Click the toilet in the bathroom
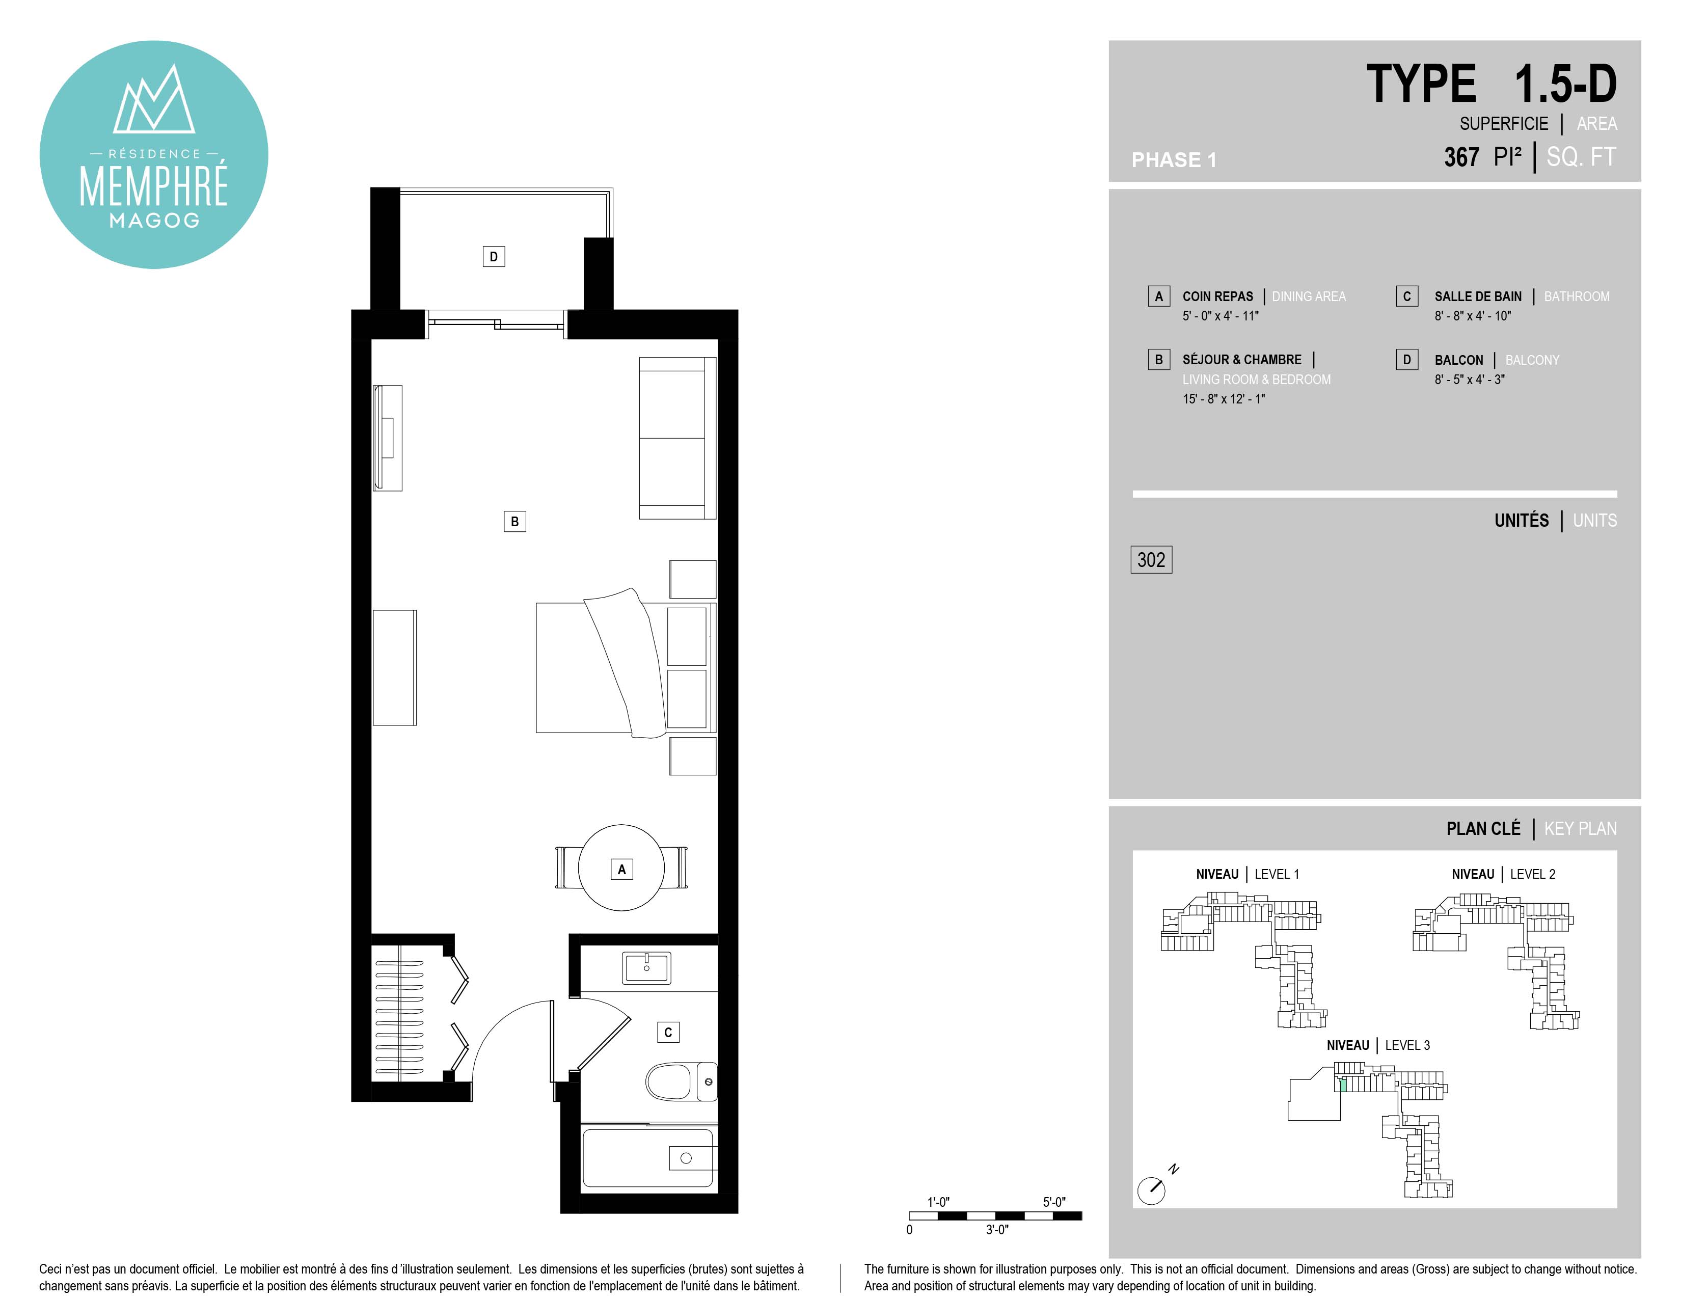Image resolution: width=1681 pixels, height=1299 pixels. coord(681,1081)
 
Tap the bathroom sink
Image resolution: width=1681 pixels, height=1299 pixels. coord(646,967)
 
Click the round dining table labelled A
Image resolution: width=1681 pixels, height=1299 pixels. coord(621,868)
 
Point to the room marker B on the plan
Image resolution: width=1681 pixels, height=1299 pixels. coord(515,521)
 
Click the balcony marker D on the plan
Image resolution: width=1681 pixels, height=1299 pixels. coord(494,256)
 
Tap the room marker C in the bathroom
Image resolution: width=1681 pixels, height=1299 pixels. coord(668,1032)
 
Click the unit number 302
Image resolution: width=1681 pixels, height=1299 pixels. coord(1151,559)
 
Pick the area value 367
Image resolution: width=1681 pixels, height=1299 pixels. coord(1461,157)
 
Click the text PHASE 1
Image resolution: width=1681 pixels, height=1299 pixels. coord(1174,160)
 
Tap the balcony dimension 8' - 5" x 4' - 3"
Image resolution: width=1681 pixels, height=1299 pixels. coord(1469,380)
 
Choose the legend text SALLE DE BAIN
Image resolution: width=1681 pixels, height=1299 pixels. coord(1478,296)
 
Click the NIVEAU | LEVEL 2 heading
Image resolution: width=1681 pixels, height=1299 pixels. coord(1503,874)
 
